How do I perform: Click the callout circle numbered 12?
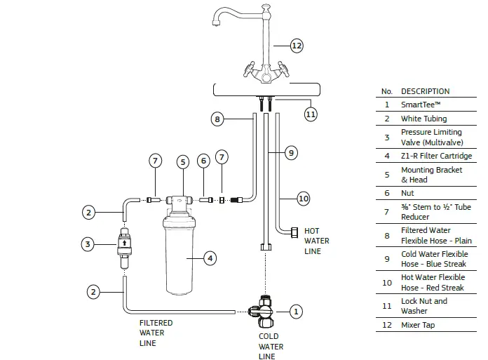(x=297, y=46)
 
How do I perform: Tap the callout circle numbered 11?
(x=311, y=114)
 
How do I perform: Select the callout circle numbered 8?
(x=217, y=119)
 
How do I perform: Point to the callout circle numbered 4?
(x=210, y=258)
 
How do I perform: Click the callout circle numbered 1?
(x=296, y=312)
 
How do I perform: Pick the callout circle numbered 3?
(x=88, y=244)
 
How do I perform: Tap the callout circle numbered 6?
(x=203, y=161)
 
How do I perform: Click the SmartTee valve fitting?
(x=262, y=312)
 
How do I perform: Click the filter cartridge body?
(x=179, y=255)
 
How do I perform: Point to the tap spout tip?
(x=216, y=23)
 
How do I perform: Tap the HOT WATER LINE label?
(x=316, y=241)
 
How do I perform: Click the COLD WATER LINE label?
(x=271, y=346)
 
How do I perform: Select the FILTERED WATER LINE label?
(x=156, y=333)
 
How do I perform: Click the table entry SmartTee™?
(x=421, y=105)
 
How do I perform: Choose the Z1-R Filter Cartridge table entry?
(x=436, y=156)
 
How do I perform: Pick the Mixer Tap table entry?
(x=418, y=325)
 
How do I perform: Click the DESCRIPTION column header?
(x=425, y=91)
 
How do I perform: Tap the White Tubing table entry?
(x=423, y=119)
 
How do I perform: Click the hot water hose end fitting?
(x=294, y=232)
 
